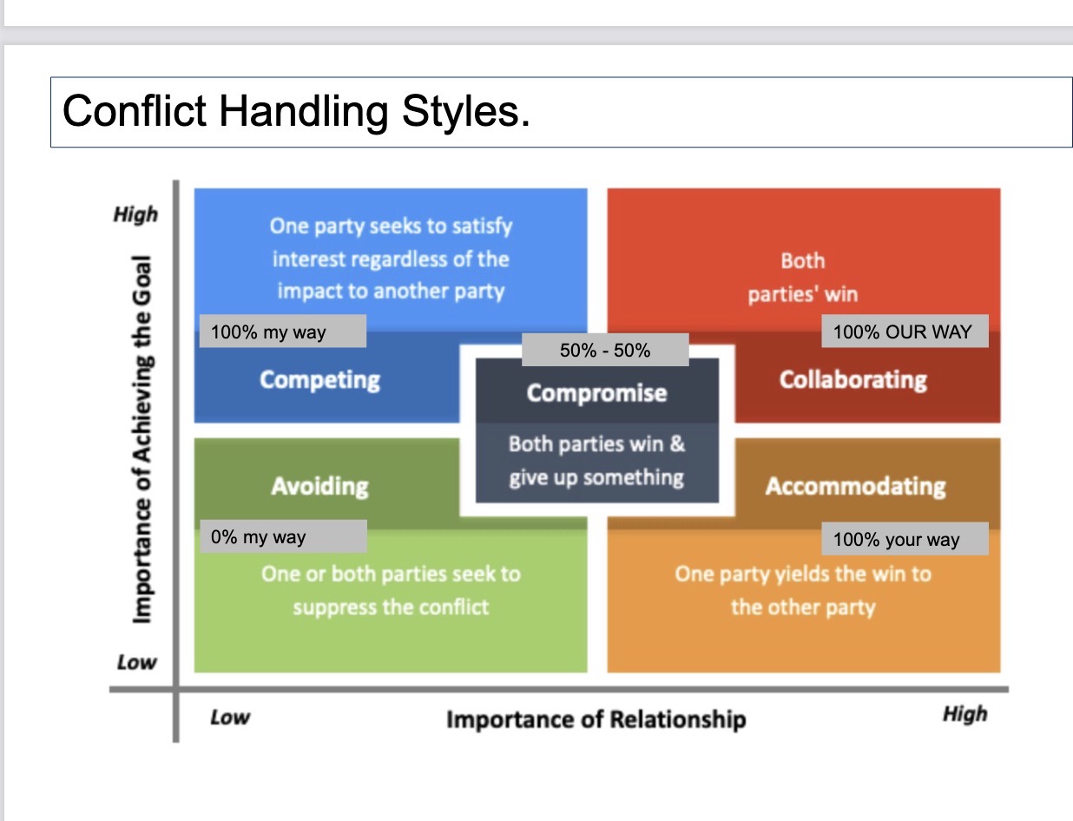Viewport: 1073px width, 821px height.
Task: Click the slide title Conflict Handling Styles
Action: [296, 112]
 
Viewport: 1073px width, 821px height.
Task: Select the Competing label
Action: [319, 380]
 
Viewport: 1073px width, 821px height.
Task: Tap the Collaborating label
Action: [853, 380]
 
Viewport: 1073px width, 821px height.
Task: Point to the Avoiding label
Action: [319, 486]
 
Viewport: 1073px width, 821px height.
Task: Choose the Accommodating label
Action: [855, 486]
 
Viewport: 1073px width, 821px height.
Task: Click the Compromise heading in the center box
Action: [597, 393]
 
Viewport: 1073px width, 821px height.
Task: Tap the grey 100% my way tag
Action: [283, 332]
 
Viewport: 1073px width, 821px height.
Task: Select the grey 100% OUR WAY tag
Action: [905, 332]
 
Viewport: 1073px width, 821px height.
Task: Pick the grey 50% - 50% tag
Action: [605, 350]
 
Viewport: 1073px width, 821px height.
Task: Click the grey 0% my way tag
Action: [284, 536]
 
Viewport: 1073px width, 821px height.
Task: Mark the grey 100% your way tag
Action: [905, 539]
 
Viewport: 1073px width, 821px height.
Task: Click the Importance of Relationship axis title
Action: [596, 719]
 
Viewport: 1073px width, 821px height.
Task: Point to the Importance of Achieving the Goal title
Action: [142, 439]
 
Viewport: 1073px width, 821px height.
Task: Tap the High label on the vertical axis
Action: [136, 214]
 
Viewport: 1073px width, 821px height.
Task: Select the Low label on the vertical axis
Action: [137, 663]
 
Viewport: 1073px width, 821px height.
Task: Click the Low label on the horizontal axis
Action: [230, 718]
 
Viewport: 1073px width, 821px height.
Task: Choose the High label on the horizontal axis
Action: [965, 714]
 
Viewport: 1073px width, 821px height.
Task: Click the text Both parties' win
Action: [803, 278]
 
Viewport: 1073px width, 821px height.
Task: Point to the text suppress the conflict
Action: [391, 608]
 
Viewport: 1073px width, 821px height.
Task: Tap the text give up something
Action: [596, 478]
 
